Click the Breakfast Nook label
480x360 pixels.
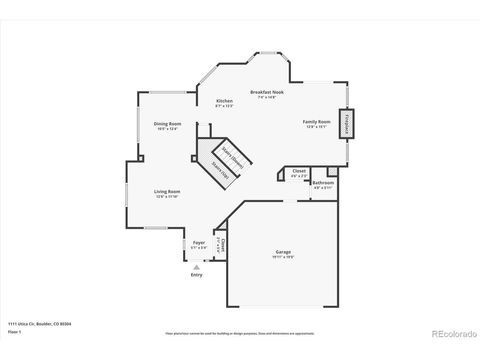click(265, 92)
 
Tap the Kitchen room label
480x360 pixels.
click(225, 101)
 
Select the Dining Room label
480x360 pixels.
click(166, 123)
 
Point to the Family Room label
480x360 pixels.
click(316, 122)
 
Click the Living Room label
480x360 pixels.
click(166, 191)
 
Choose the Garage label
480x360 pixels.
click(283, 251)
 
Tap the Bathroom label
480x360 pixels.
click(323, 183)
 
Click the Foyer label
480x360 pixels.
click(199, 242)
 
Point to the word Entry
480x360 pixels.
click(196, 275)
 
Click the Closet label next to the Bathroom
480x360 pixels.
click(298, 171)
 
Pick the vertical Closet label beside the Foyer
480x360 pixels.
click(223, 245)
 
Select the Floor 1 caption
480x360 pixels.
click(14, 330)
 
